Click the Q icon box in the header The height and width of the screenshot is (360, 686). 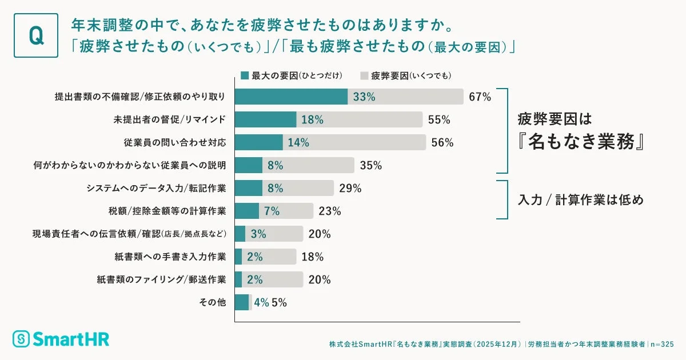[x=35, y=35]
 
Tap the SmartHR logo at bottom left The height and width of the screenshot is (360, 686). [x=61, y=338]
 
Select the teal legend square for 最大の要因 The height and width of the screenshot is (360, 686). [x=245, y=75]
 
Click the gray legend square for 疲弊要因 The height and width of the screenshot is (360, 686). [x=364, y=75]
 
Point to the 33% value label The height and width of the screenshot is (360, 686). [x=364, y=97]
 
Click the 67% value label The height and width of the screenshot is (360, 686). [x=480, y=97]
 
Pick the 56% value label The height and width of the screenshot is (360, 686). [x=442, y=143]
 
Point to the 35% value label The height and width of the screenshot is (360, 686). [x=371, y=166]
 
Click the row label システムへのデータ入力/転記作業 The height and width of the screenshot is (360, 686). [x=156, y=189]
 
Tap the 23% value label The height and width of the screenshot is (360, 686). [x=330, y=211]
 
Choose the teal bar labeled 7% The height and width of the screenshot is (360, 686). [x=247, y=211]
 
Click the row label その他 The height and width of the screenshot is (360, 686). [x=216, y=303]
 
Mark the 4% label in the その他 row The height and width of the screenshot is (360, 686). [x=261, y=303]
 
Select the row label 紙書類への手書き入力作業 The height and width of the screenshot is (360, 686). [x=162, y=257]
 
